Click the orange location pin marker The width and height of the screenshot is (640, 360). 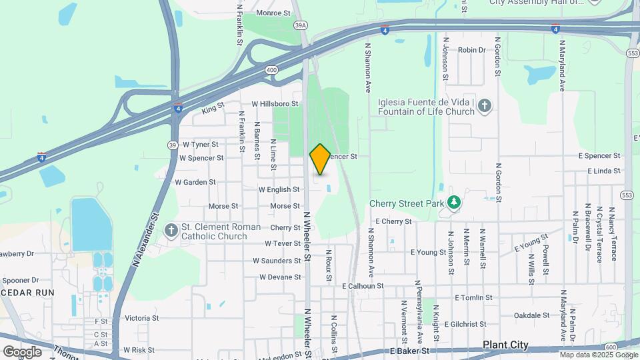click(x=320, y=159)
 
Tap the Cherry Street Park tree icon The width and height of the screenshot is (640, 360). click(x=454, y=201)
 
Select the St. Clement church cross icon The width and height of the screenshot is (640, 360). click(x=171, y=231)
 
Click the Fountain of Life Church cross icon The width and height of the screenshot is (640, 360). click(x=485, y=106)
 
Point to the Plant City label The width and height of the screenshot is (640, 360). click(x=505, y=345)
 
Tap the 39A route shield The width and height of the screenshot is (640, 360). click(x=301, y=25)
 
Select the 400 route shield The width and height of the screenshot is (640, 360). click(x=271, y=69)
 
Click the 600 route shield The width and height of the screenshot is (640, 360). click(x=611, y=347)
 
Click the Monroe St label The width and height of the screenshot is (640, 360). click(x=273, y=12)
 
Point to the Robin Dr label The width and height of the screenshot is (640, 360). click(x=471, y=50)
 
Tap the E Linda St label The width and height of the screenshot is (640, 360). click(x=604, y=171)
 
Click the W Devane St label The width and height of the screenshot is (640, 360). click(x=280, y=277)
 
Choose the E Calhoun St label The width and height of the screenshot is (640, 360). click(x=363, y=286)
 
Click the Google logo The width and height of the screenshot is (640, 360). click(x=22, y=352)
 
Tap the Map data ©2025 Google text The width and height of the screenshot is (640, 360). click(x=598, y=355)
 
